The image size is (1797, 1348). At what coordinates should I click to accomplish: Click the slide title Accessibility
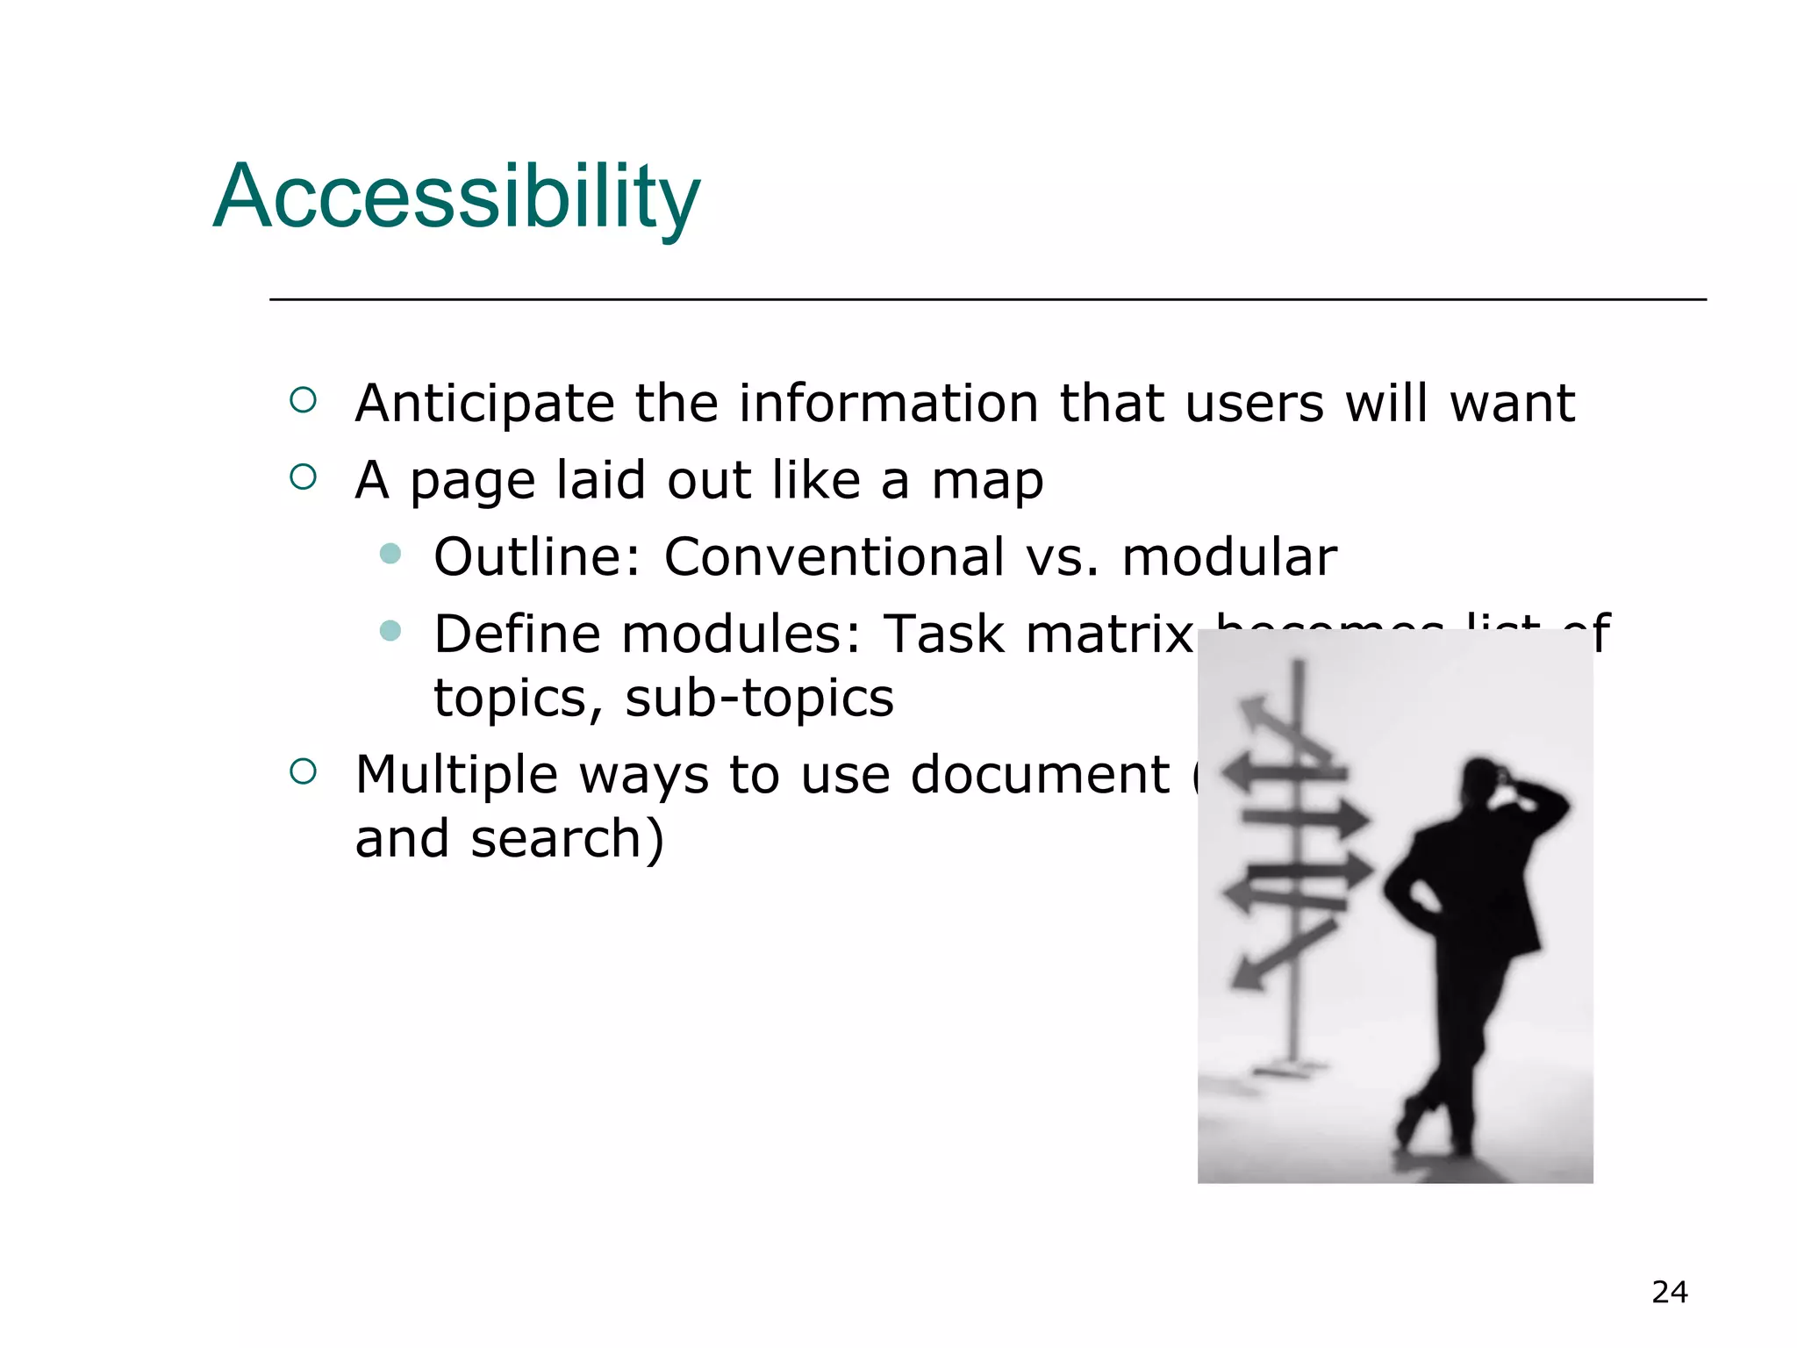click(456, 197)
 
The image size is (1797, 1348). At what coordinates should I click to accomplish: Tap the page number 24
click(1669, 1292)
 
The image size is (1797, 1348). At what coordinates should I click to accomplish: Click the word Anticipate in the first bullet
click(484, 404)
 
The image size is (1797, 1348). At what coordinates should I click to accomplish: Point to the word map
click(987, 481)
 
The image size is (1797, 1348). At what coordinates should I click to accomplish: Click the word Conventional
click(834, 556)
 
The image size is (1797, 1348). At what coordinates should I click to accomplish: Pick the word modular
click(1228, 556)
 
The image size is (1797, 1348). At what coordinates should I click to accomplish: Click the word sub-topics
click(759, 699)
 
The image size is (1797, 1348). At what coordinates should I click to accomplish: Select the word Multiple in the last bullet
click(456, 776)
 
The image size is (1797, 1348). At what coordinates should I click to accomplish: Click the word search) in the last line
click(567, 839)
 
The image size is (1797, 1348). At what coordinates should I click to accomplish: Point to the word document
click(1040, 776)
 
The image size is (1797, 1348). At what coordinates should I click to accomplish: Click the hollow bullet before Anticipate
click(303, 401)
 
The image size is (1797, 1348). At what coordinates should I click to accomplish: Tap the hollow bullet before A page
click(303, 477)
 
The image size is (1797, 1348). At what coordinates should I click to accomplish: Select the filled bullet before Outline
click(390, 554)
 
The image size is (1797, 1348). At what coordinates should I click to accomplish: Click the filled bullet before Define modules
click(390, 630)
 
